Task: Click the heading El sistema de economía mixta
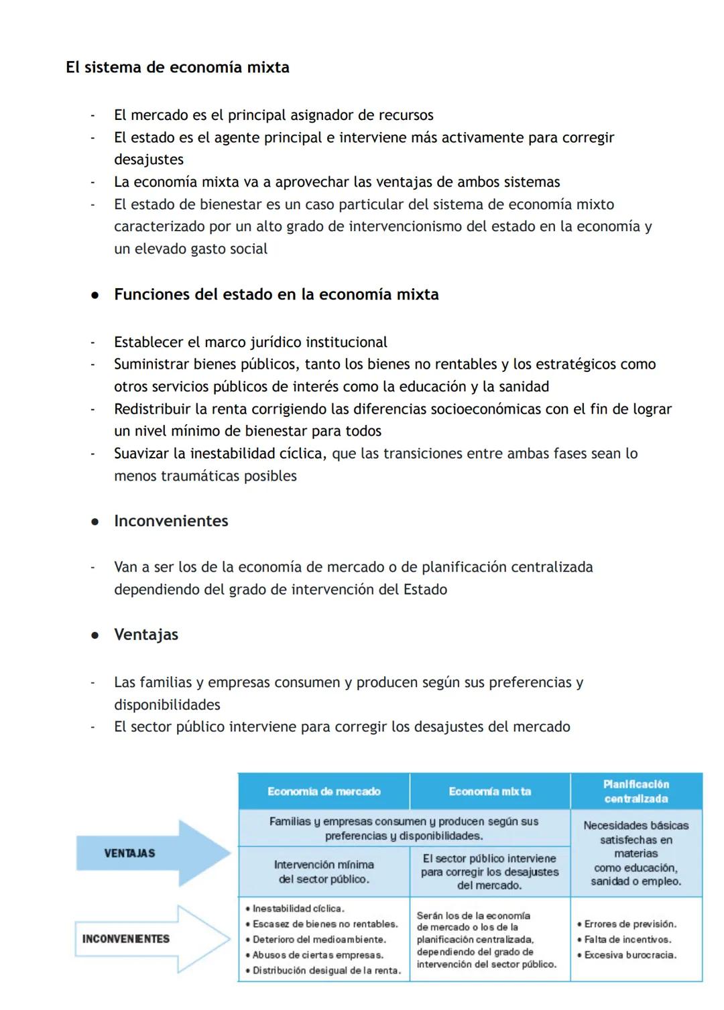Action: click(x=178, y=68)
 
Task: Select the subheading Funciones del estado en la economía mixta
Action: click(x=276, y=295)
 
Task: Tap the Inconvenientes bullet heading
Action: click(x=171, y=521)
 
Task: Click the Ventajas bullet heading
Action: click(x=146, y=635)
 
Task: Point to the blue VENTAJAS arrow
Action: click(x=153, y=853)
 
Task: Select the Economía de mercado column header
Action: click(x=324, y=792)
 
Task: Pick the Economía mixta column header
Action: click(x=489, y=792)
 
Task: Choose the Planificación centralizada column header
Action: click(x=636, y=792)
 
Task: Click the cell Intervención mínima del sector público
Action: click(x=324, y=872)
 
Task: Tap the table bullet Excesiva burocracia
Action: click(x=629, y=955)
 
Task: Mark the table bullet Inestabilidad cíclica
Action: click(x=298, y=909)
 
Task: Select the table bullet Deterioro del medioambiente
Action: click(x=318, y=940)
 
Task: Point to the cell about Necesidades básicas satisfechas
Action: click(x=636, y=853)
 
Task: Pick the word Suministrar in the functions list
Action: click(x=152, y=365)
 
